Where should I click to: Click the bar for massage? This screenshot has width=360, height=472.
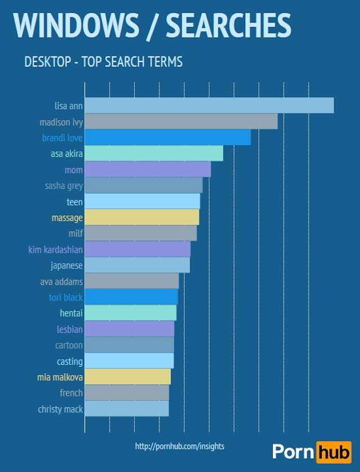click(x=142, y=217)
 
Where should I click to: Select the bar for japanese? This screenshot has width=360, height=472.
click(x=137, y=265)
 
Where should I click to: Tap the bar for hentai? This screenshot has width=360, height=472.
click(x=130, y=313)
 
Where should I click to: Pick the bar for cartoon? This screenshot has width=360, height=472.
click(x=129, y=345)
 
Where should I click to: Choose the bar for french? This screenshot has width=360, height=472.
click(x=127, y=393)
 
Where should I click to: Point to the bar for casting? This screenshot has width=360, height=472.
click(x=129, y=361)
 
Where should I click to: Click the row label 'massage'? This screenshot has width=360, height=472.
click(x=67, y=217)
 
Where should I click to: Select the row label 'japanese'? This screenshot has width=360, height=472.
click(x=66, y=265)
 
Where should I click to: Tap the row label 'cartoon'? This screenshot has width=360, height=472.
click(x=69, y=345)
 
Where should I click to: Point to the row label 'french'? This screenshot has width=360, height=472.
click(x=71, y=393)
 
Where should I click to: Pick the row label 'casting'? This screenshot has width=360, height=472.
click(x=70, y=361)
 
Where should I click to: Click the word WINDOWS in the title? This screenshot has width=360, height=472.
click(x=75, y=25)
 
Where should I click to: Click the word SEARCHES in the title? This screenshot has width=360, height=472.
click(x=228, y=25)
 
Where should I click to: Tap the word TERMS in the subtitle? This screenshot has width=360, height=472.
click(x=164, y=61)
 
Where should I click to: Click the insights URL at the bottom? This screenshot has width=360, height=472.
click(x=179, y=446)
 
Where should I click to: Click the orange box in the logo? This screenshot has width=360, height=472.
click(x=333, y=451)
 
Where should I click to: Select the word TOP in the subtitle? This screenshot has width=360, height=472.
click(x=91, y=61)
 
